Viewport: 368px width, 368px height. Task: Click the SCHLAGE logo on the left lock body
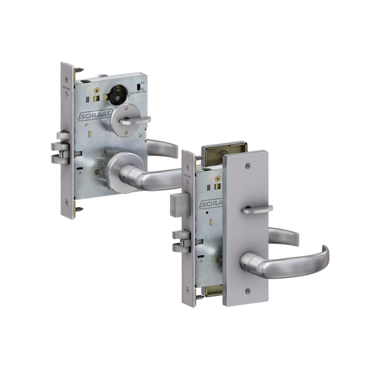[95, 115]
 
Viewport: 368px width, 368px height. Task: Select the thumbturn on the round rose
[135, 121]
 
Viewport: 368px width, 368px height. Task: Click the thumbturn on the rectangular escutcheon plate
[257, 209]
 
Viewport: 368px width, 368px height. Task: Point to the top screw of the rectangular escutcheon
[248, 165]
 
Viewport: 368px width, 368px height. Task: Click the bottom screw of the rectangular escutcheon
[248, 291]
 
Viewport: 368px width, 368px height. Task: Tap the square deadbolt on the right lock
[180, 204]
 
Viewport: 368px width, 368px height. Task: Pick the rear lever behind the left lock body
[163, 148]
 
